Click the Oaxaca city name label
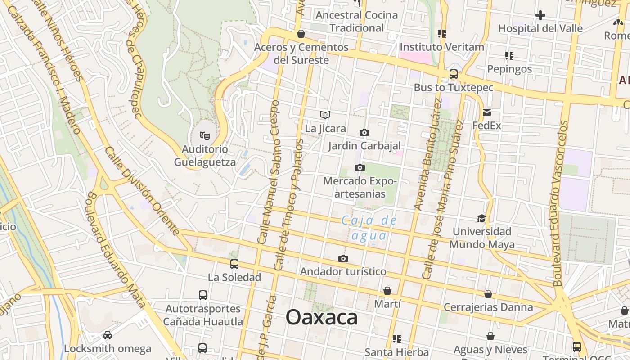322,318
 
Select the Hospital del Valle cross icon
540,15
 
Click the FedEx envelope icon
487,112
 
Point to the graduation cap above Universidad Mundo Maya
481,218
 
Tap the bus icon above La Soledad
234,264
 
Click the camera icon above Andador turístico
343,258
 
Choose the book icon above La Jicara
325,115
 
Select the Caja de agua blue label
369,228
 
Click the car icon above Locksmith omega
108,335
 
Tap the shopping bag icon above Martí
387,291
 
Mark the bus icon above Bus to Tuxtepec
454,74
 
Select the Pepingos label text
509,69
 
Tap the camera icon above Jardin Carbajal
364,132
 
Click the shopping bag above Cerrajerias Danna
488,294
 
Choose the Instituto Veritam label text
442,47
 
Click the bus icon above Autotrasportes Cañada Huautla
203,296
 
